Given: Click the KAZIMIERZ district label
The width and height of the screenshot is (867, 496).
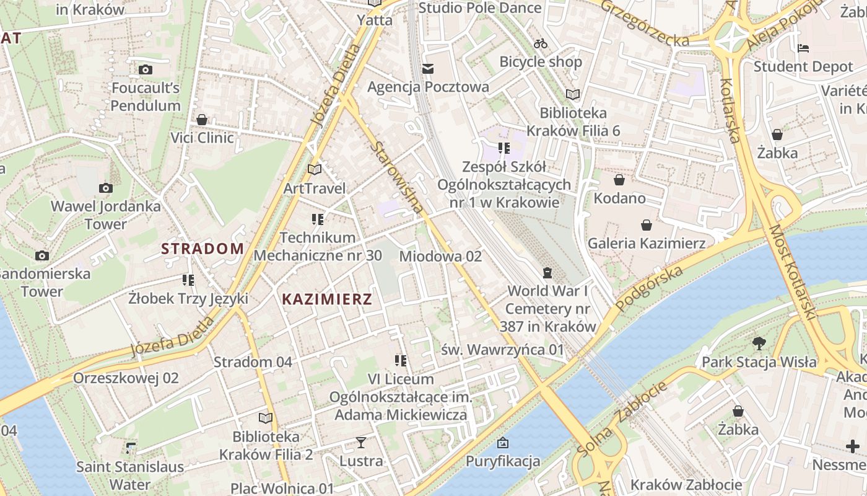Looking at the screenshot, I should [327, 299].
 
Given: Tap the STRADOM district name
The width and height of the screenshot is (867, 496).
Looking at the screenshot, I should [203, 249].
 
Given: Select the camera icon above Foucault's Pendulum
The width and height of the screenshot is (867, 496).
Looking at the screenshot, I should [146, 69].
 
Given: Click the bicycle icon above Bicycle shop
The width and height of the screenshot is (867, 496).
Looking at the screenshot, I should [541, 43].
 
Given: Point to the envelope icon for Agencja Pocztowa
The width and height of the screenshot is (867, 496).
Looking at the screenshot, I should [428, 68].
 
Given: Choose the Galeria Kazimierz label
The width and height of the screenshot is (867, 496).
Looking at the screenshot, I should [647, 243].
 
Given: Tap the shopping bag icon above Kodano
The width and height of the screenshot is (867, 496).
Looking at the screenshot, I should [619, 180].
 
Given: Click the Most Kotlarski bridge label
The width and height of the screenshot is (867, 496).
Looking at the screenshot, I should [792, 273].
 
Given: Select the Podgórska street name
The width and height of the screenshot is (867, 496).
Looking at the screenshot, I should [650, 291].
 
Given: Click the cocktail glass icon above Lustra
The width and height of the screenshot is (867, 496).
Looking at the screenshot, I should [361, 443].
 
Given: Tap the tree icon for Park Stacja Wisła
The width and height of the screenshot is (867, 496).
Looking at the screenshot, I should [759, 343].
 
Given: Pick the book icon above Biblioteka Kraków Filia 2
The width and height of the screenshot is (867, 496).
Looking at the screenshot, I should [266, 418].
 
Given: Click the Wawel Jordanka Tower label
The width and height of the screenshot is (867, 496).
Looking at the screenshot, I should [105, 215].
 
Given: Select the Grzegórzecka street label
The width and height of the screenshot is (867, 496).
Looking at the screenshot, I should [644, 24].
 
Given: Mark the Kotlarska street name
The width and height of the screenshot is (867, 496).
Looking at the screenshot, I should [731, 110].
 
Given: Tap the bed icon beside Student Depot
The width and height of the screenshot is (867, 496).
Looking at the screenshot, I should [803, 48].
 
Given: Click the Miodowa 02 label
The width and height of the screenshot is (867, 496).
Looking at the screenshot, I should [440, 256].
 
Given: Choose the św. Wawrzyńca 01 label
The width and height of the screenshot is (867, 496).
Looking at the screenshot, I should [503, 350].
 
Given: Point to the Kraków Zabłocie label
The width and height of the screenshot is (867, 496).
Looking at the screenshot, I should [686, 484].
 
